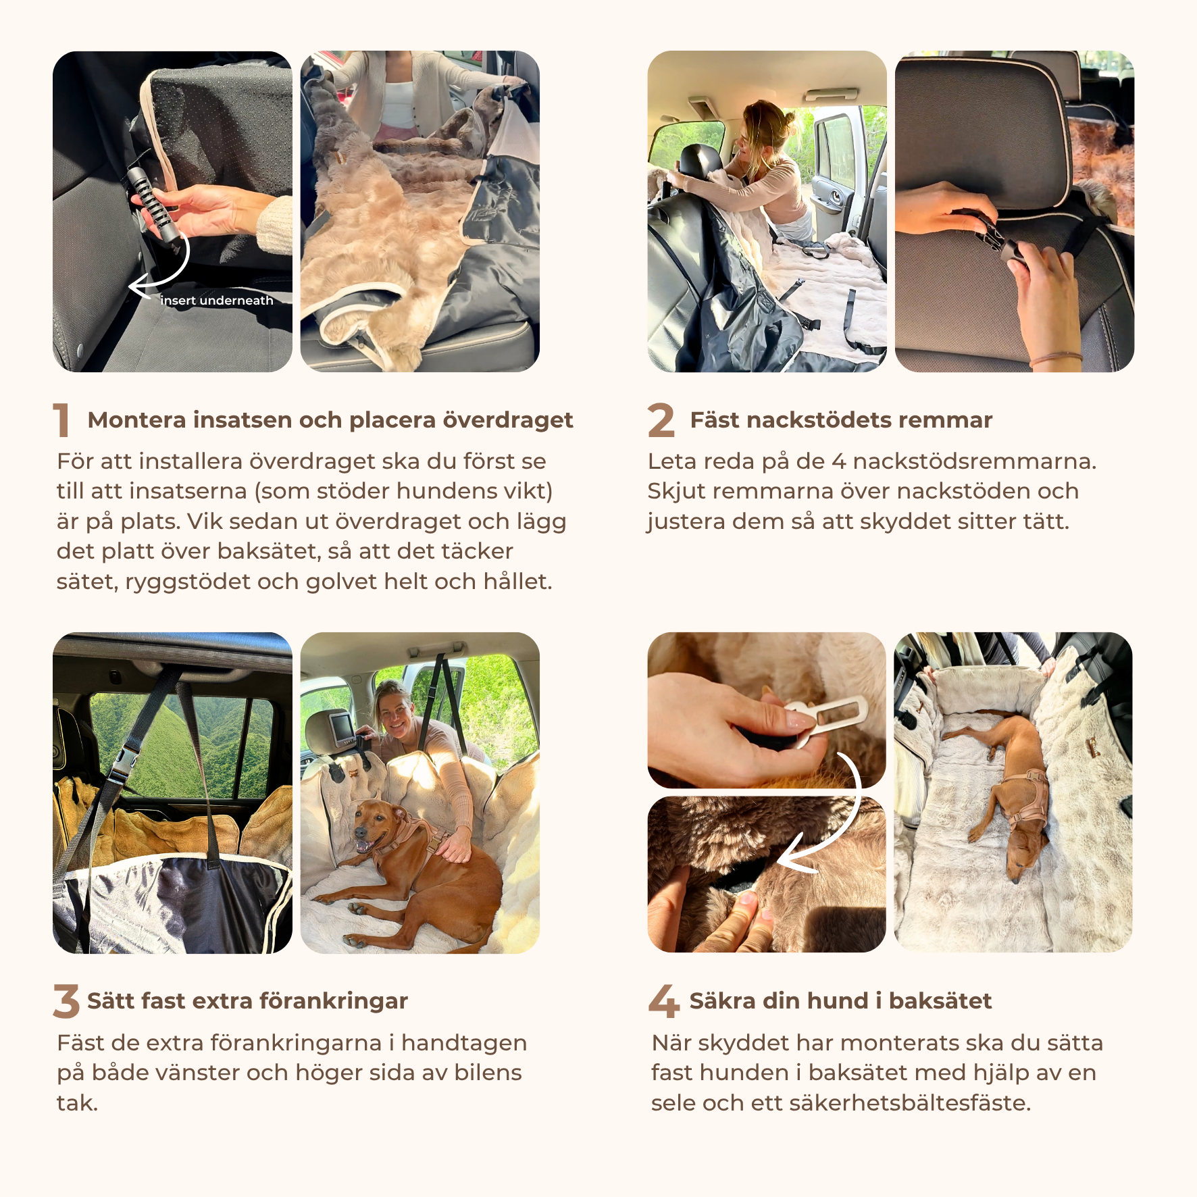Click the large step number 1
pyautogui.click(x=61, y=419)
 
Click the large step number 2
pyautogui.click(x=661, y=419)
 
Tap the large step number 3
pyautogui.click(x=66, y=1001)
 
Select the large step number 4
pyautogui.click(x=663, y=1001)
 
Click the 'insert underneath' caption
pyautogui.click(x=217, y=301)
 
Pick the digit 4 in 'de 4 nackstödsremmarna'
pyautogui.click(x=838, y=462)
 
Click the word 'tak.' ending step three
pyautogui.click(x=78, y=1103)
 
